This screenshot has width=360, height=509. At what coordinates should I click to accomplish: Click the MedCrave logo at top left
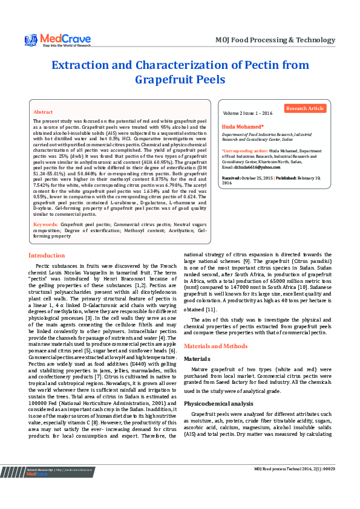57,39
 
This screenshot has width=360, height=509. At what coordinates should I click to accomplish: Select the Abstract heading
43,112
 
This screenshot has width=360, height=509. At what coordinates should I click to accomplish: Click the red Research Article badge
305,108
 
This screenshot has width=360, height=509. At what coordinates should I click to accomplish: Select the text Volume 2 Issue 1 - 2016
248,113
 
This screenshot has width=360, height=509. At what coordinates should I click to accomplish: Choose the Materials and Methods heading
215,346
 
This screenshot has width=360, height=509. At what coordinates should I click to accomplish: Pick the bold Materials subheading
197,358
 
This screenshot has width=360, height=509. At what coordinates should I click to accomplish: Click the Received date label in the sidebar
231,178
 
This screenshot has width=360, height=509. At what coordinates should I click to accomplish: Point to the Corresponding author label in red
244,150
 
